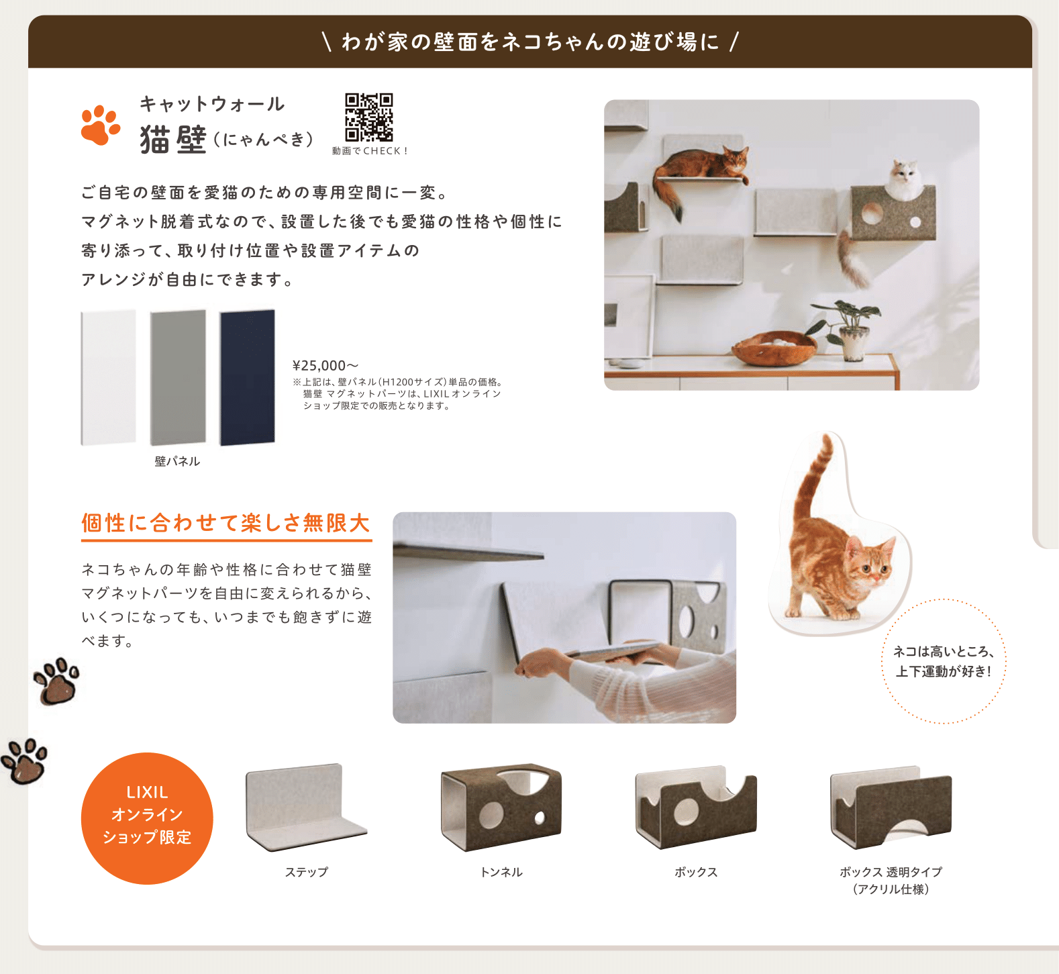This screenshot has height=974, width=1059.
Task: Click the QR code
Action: tap(368, 117)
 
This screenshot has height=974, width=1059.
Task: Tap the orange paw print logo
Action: tap(100, 125)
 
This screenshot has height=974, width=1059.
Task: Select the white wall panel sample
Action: tap(108, 377)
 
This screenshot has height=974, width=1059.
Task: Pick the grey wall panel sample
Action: tap(178, 377)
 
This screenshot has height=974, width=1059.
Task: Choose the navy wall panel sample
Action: tap(248, 377)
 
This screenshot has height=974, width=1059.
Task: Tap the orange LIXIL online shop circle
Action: tap(147, 818)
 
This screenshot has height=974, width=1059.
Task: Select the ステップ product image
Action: tap(306, 807)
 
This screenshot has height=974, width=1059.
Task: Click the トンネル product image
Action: tap(501, 807)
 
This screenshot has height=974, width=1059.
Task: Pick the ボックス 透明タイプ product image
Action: tap(891, 807)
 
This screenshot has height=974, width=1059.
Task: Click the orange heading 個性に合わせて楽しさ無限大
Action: tap(226, 523)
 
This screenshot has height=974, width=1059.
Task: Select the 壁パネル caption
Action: tap(177, 461)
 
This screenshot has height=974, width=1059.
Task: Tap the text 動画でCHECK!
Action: tap(370, 151)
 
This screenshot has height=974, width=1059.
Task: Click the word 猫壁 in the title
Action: tap(173, 140)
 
